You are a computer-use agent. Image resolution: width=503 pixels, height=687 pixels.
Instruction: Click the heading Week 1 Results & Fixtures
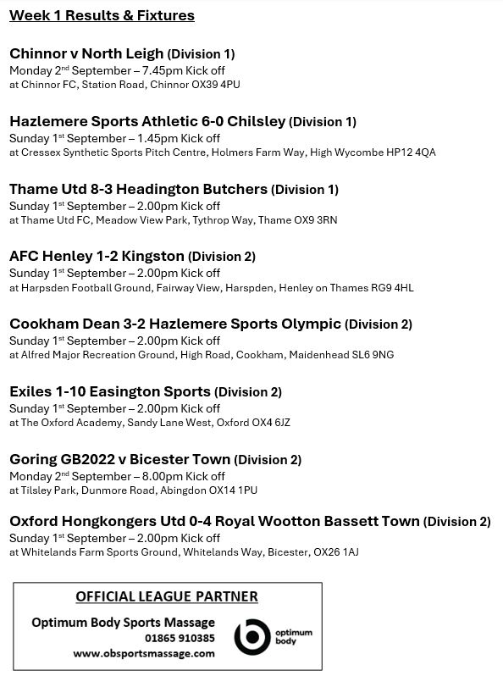click(102, 15)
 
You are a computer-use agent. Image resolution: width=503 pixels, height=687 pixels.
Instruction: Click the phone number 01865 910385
click(179, 638)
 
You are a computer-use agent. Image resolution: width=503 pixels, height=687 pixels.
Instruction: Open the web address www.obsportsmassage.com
click(144, 653)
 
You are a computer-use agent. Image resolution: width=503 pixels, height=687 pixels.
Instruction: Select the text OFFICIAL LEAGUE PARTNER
click(167, 596)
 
